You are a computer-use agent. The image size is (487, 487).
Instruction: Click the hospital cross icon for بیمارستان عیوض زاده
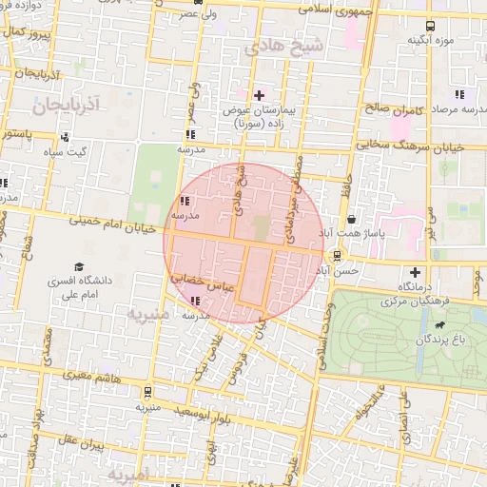[259, 94]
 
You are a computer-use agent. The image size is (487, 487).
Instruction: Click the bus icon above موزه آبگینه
[430, 26]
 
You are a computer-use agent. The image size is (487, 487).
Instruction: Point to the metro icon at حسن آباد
[336, 255]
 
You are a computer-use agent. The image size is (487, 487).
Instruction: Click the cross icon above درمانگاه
[413, 271]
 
